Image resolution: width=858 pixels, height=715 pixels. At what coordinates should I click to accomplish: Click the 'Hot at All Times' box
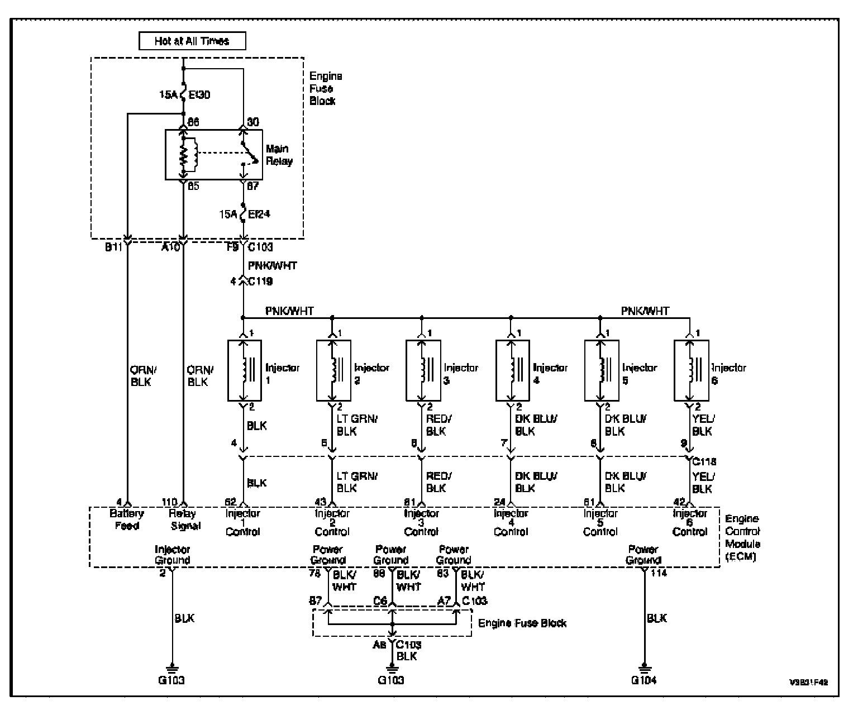pyautogui.click(x=192, y=41)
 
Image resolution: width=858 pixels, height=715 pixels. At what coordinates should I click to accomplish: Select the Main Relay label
pyautogui.click(x=279, y=155)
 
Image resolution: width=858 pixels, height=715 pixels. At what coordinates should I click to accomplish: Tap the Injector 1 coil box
pyautogui.click(x=245, y=370)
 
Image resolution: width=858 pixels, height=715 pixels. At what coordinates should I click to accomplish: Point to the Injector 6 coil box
pyautogui.click(x=692, y=370)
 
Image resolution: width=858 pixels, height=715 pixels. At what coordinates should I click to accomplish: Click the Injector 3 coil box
pyautogui.click(x=423, y=370)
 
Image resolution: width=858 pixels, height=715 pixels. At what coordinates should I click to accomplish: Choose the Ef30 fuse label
pyautogui.click(x=199, y=96)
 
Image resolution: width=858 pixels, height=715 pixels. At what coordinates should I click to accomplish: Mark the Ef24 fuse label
pyautogui.click(x=259, y=214)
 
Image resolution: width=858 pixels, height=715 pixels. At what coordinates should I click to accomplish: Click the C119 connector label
pyautogui.click(x=260, y=282)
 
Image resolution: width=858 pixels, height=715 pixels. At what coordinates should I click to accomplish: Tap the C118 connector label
pyautogui.click(x=704, y=462)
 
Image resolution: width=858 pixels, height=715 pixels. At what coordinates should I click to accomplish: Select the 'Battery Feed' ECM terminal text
pyautogui.click(x=127, y=519)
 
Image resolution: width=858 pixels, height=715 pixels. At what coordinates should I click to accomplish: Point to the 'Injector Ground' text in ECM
pyautogui.click(x=172, y=555)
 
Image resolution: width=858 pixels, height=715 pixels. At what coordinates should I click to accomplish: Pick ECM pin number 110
pyautogui.click(x=169, y=502)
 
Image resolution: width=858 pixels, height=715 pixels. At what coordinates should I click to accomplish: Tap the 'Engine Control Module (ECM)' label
pyautogui.click(x=742, y=537)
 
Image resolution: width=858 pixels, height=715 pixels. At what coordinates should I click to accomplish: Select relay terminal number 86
pyautogui.click(x=193, y=122)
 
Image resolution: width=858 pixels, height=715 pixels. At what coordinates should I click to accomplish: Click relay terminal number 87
pyautogui.click(x=252, y=186)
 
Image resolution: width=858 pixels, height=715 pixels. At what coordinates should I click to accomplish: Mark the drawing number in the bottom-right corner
pyautogui.click(x=809, y=683)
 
